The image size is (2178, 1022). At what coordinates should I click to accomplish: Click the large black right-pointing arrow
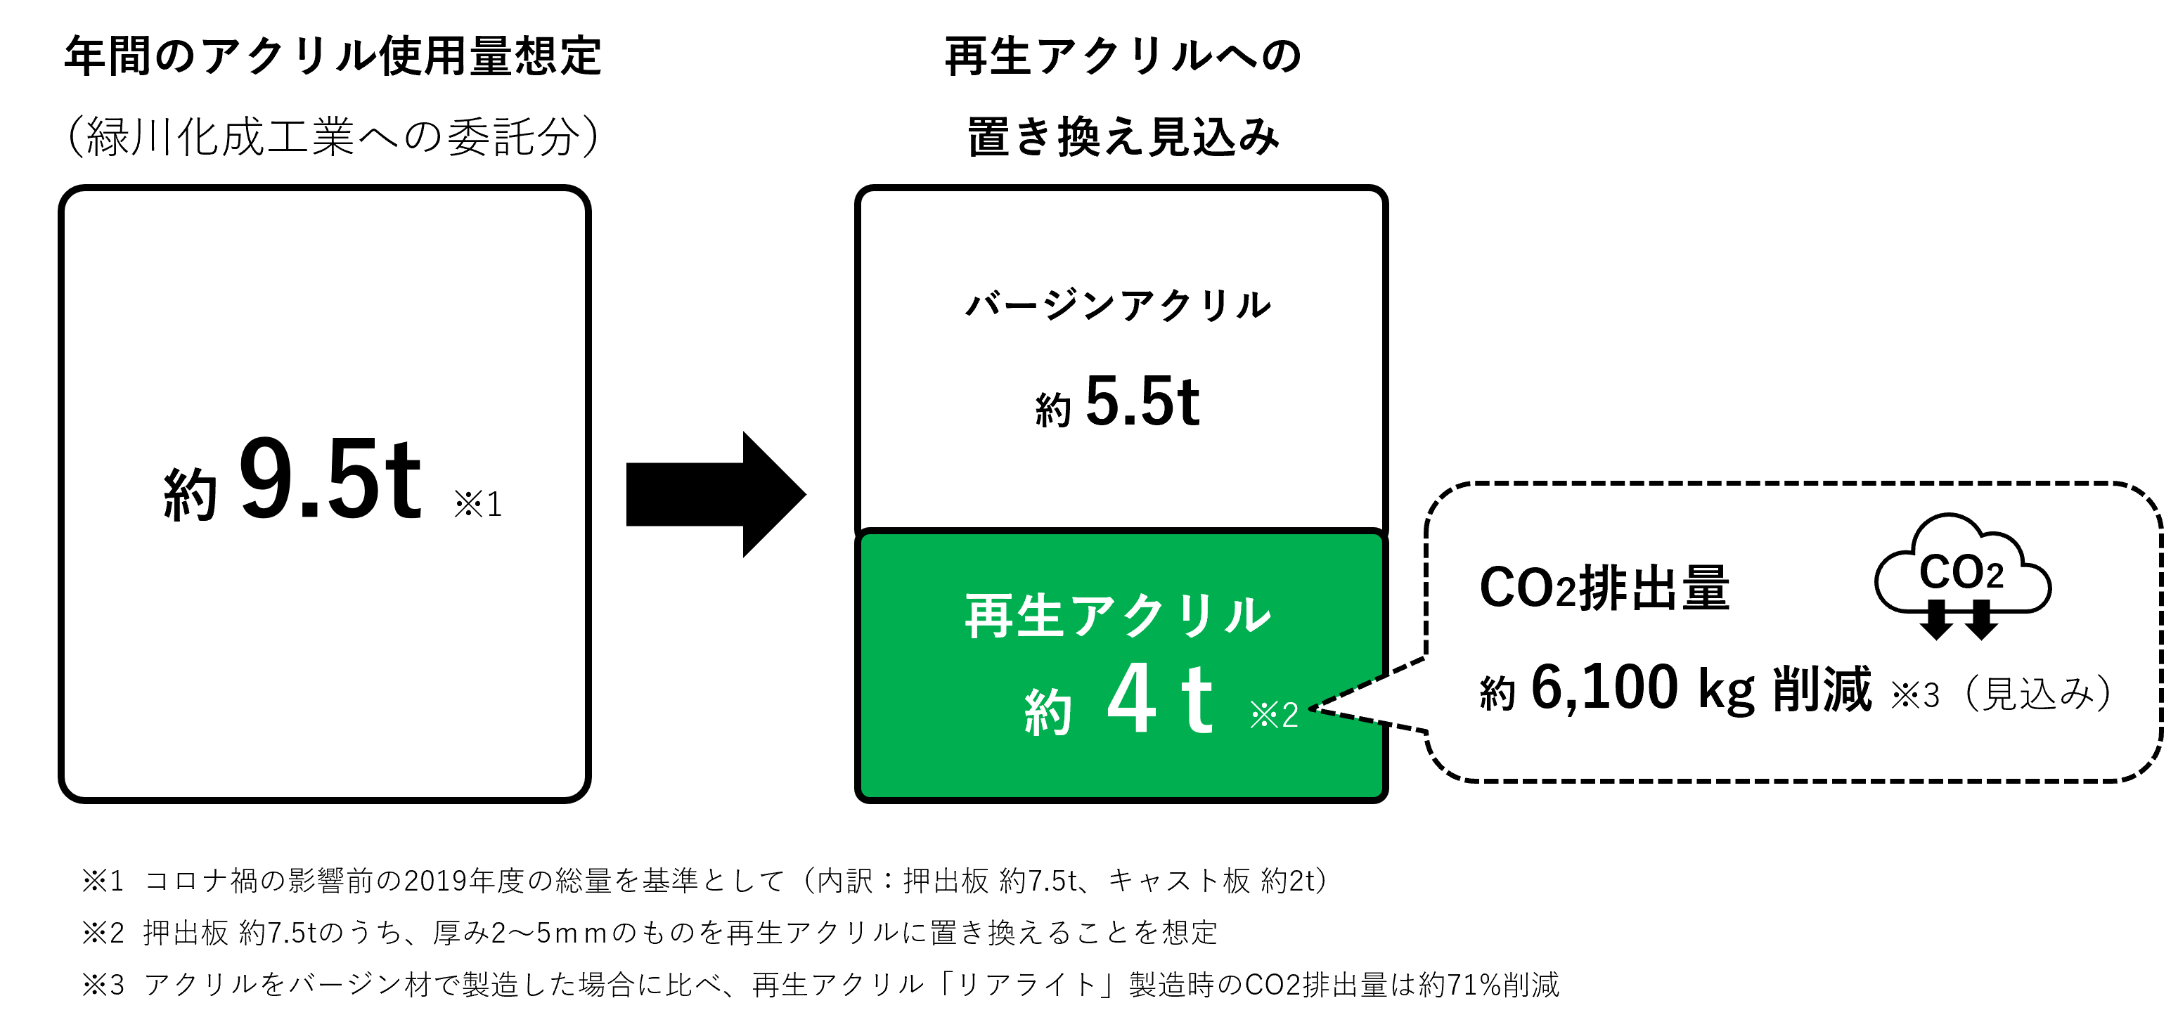click(714, 495)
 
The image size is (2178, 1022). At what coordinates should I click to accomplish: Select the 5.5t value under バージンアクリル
click(1142, 401)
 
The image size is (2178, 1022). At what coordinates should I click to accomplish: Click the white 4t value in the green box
click(1159, 700)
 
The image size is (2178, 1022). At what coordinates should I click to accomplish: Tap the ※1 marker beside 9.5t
click(477, 505)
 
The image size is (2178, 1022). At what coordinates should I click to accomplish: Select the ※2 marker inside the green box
click(1273, 715)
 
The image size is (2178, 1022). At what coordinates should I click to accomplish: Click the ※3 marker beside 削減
click(1915, 696)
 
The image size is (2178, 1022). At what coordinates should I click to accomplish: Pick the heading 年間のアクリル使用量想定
click(333, 57)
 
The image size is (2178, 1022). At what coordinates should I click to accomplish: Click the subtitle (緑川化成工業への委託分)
click(333, 137)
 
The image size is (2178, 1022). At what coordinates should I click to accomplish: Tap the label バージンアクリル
click(1119, 305)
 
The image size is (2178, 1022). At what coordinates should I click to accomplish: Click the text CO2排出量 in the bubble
click(1604, 588)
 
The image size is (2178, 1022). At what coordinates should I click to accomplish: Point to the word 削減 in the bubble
click(1822, 689)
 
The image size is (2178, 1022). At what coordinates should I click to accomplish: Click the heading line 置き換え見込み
click(1123, 137)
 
